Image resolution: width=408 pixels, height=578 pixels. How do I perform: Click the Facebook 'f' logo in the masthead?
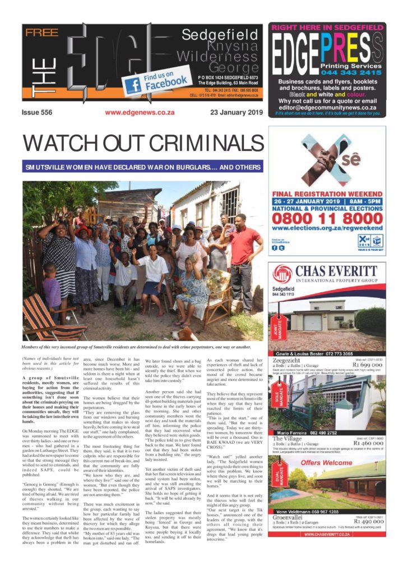click(x=133, y=85)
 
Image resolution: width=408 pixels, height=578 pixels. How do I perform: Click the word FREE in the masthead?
click(x=42, y=33)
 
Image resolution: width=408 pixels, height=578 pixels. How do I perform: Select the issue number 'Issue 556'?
click(x=37, y=112)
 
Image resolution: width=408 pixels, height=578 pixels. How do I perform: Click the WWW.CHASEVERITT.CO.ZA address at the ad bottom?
click(x=327, y=534)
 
